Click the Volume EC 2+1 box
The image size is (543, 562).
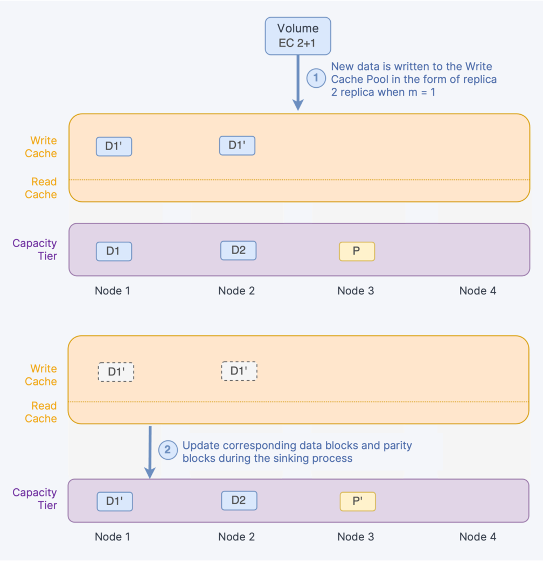pos(297,36)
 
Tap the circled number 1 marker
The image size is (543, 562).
pos(316,78)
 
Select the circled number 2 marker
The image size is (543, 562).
pos(168,450)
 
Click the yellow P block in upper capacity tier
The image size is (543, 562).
pos(357,251)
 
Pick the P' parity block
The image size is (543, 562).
pos(358,501)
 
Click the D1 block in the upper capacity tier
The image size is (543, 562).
pos(114,251)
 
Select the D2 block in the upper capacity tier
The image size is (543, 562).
pos(238,250)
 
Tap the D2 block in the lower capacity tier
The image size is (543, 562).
pos(239,500)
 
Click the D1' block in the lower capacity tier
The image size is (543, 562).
pos(114,501)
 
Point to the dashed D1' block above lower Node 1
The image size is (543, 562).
pos(115,372)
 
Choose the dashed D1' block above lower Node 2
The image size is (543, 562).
pos(239,371)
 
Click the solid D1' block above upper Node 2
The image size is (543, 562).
pos(237,145)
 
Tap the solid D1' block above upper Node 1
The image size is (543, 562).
pos(114,146)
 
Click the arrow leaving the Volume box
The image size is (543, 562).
pos(297,81)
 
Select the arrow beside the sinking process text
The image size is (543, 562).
pos(150,451)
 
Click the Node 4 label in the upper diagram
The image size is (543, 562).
pos(477,291)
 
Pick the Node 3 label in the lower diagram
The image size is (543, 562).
pos(356,537)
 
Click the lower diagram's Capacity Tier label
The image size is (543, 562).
pos(34,498)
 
